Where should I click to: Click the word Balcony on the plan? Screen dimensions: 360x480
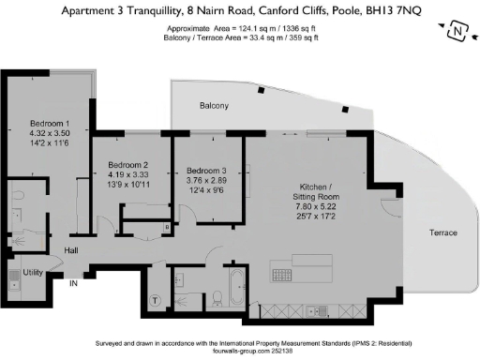[x=213, y=106]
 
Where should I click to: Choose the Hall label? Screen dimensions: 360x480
[x=71, y=250]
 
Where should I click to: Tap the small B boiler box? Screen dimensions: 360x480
[x=167, y=226]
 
